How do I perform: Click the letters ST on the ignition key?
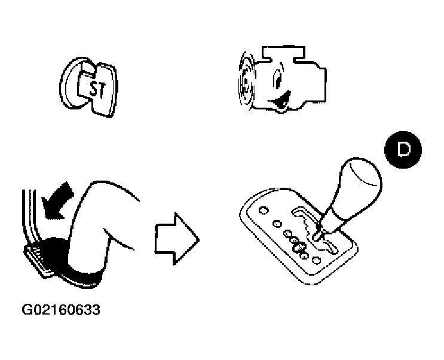[97, 89]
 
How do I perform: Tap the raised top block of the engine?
[284, 53]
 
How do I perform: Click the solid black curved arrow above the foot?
[58, 202]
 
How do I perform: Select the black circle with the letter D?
[403, 150]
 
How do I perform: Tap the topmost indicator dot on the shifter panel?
[264, 210]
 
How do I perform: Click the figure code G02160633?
[61, 310]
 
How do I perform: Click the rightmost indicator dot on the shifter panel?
[316, 260]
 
